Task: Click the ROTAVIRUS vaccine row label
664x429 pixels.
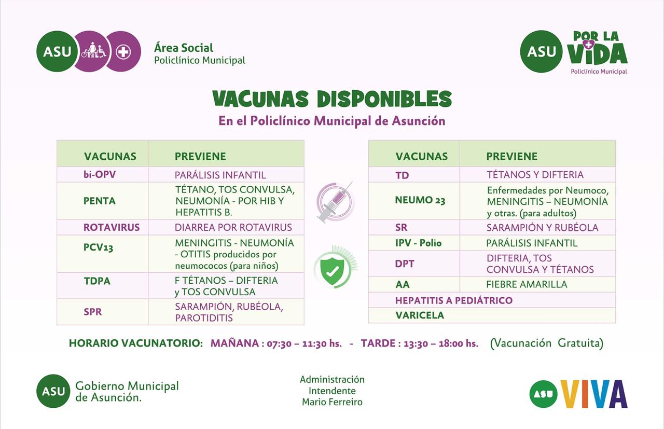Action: [112, 227]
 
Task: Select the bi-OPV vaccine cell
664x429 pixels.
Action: [100, 174]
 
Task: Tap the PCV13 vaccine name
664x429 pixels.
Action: [98, 247]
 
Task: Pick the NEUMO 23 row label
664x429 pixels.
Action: [420, 200]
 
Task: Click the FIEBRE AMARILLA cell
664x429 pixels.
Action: [527, 284]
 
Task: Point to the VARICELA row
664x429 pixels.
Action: [420, 315]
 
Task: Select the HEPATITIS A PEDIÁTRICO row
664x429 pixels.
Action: [453, 300]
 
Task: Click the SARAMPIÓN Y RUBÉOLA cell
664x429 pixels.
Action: [542, 227]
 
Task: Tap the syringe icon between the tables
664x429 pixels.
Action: [336, 202]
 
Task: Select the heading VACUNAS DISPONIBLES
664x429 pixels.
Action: [332, 99]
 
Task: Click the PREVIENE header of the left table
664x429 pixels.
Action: [200, 156]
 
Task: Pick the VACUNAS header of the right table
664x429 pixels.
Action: [421, 156]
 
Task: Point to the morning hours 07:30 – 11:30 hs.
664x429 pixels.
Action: [304, 343]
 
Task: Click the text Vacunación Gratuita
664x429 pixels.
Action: [547, 343]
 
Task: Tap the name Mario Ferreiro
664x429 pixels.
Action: [332, 402]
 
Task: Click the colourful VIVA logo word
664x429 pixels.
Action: [594, 394]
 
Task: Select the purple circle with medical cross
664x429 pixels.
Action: [123, 52]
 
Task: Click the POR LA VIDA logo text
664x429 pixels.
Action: [597, 48]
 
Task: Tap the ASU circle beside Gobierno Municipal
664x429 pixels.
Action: [53, 391]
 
